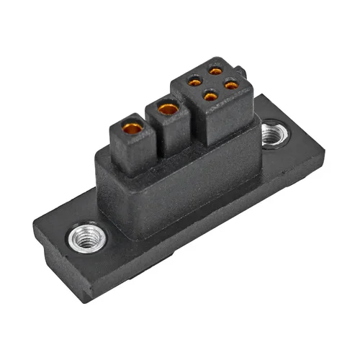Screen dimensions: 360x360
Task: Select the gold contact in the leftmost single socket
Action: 132,129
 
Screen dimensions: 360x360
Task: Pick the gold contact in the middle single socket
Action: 168,109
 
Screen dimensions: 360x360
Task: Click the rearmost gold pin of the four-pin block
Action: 215,71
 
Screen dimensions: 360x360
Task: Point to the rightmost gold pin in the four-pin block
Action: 231,84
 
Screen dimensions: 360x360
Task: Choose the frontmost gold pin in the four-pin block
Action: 211,95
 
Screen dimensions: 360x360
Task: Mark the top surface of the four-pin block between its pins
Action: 213,83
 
